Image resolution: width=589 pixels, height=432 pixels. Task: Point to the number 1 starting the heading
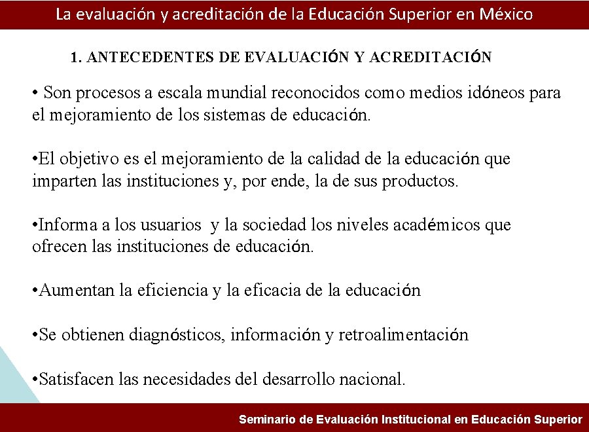coord(75,58)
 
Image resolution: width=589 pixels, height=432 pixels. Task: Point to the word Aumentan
coord(77,291)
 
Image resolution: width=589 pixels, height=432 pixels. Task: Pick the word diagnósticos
coord(179,335)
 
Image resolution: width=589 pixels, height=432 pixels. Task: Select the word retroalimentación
coord(403,335)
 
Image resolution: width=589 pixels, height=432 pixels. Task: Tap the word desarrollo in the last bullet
coord(298,379)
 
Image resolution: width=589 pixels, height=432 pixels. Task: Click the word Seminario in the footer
coord(268,420)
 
